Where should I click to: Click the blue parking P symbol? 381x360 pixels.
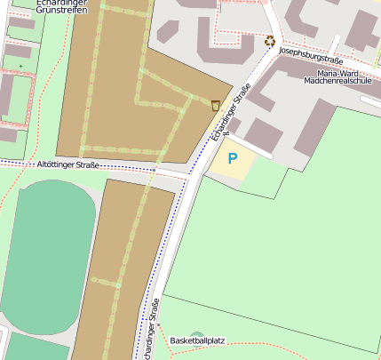click(x=233, y=159)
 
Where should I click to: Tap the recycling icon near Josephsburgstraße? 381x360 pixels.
click(x=270, y=40)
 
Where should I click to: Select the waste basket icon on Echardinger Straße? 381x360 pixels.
click(x=216, y=106)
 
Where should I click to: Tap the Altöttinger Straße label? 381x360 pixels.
click(x=67, y=164)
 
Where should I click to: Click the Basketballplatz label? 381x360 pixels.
click(x=196, y=341)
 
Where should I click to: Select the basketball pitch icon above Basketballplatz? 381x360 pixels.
click(x=195, y=334)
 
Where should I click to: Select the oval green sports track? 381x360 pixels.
click(x=49, y=253)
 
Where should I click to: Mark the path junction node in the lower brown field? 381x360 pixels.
click(x=117, y=284)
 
